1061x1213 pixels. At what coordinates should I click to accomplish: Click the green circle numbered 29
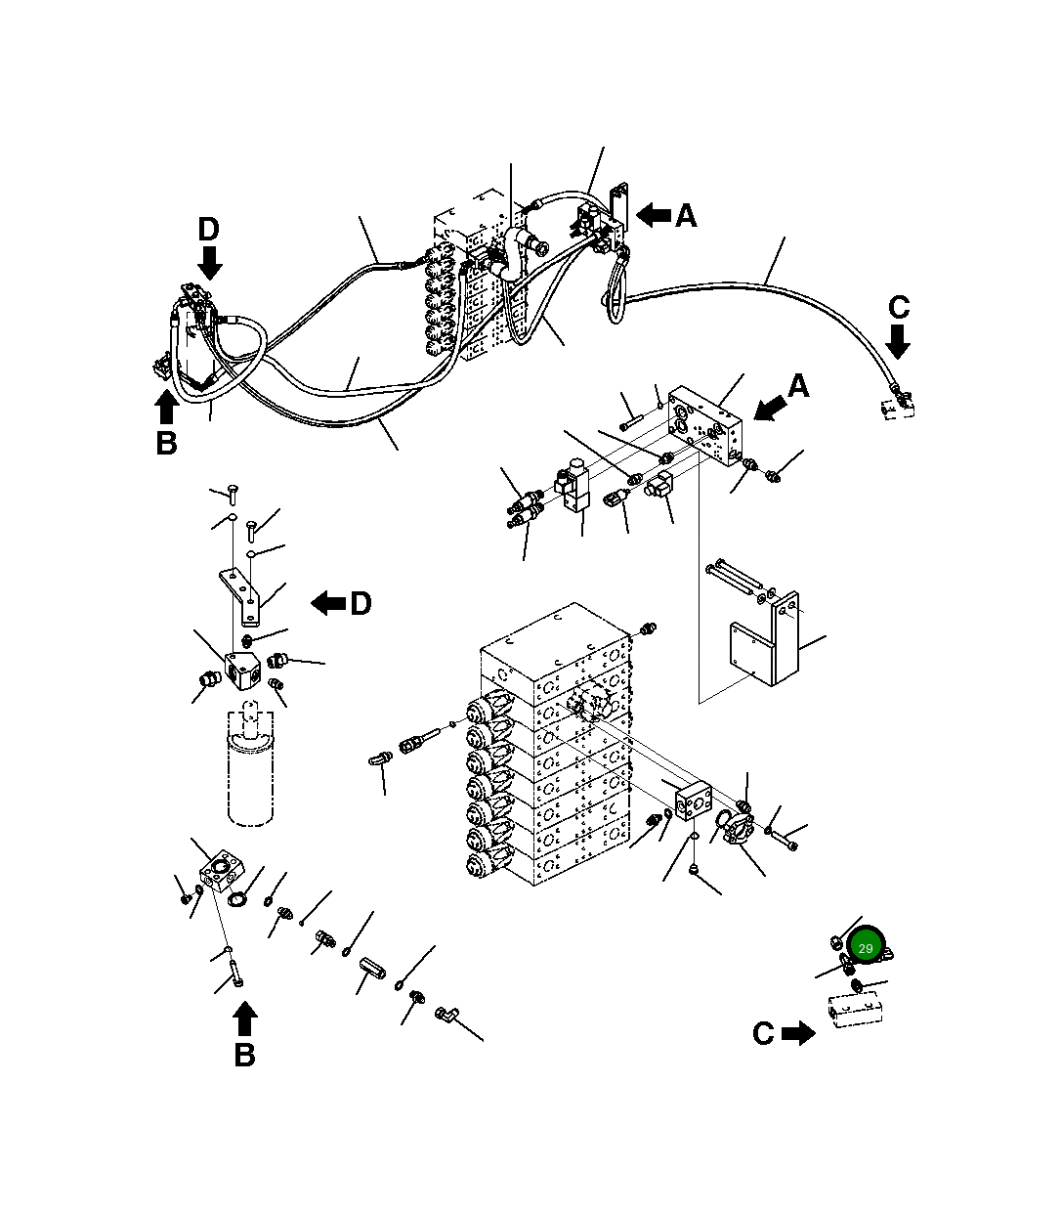pos(865,948)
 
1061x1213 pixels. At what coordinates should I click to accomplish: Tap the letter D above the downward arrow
pos(208,230)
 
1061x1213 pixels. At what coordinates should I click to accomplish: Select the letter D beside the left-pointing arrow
pos(360,604)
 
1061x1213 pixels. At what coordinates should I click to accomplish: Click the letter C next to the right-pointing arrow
pos(763,1033)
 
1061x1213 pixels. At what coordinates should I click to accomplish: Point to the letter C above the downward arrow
pos(899,308)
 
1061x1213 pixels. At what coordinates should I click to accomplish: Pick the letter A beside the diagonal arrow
pos(798,387)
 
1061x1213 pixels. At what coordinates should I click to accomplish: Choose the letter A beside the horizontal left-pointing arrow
pos(686,216)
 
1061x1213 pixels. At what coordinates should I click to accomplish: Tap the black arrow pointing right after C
pos(799,1033)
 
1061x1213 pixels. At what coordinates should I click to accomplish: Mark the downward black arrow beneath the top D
pos(209,261)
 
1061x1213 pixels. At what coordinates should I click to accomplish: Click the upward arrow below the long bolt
pos(245,1020)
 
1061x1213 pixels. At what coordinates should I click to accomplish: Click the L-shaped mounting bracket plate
pos(772,644)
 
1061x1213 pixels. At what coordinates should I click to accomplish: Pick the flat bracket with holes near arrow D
pos(241,595)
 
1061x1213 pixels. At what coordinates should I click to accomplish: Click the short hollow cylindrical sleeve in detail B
pos(374,974)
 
